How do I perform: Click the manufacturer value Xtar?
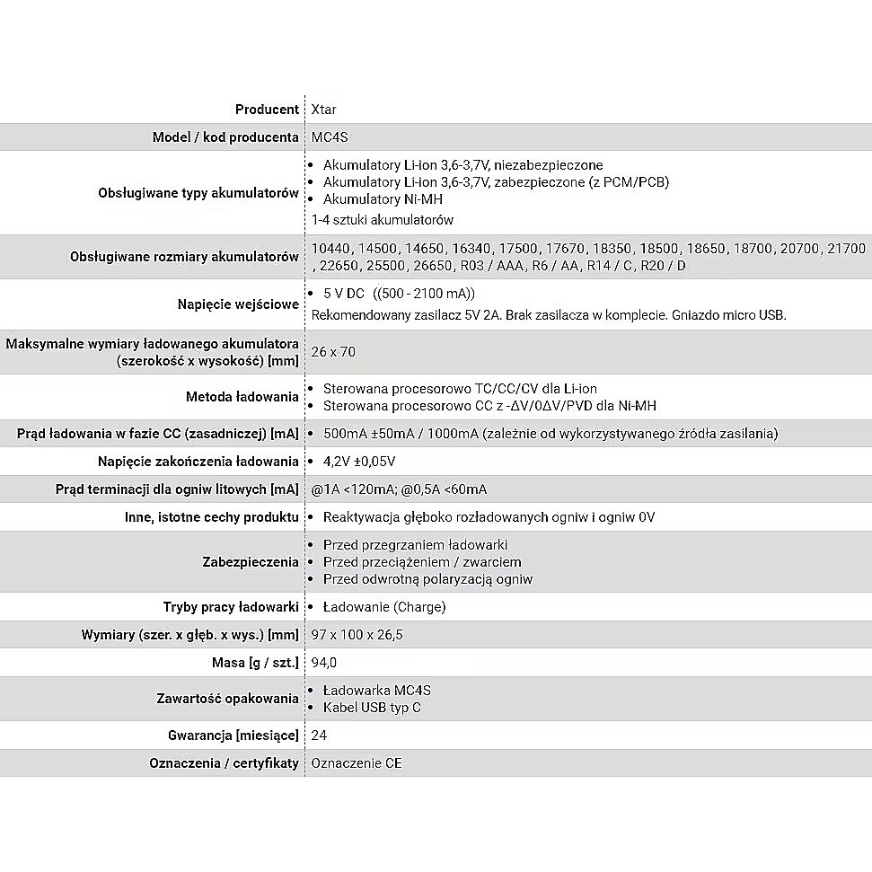coord(324,110)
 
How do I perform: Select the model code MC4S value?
coord(330,137)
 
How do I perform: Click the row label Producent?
coord(267,110)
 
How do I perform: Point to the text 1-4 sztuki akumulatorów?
coord(383,220)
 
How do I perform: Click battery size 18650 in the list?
coord(705,248)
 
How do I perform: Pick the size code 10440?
coord(330,248)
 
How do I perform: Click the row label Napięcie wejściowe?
coord(238,304)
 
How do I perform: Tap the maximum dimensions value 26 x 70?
coord(333,352)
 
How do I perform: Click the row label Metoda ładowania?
coord(242,397)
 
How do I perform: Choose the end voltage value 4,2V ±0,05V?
coord(359,462)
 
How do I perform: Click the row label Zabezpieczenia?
coord(251,562)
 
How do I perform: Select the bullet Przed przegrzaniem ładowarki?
coord(415,545)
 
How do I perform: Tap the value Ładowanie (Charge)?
coord(384,607)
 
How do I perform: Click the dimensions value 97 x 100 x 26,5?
coord(357,635)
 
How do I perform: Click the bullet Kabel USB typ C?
coord(372,708)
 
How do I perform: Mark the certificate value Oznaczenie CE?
coord(357,763)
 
